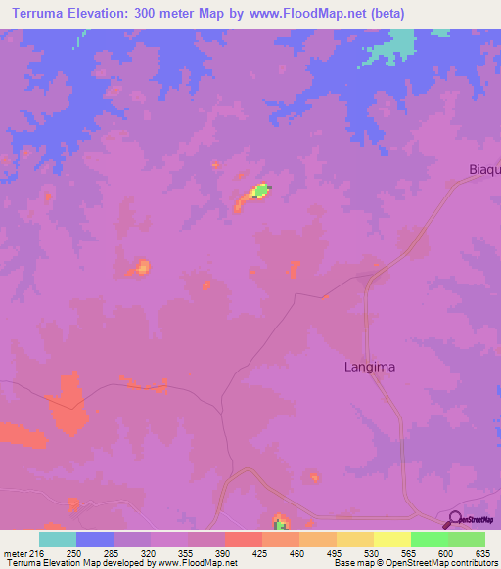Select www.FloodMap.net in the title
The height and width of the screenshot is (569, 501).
(310, 14)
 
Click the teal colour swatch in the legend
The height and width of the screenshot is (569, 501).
(58, 539)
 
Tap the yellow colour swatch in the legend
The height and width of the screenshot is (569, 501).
(391, 539)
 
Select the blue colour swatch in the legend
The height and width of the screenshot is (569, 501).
(95, 539)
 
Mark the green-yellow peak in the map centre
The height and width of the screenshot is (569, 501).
(261, 190)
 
